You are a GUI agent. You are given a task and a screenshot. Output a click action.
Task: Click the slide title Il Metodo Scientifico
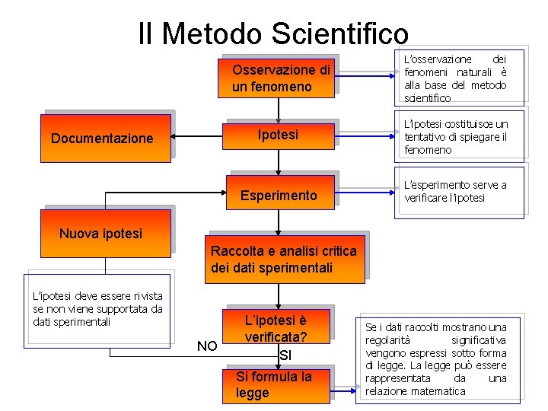pyautogui.click(x=273, y=33)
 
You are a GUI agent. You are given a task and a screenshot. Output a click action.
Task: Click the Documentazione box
pyautogui.click(x=107, y=138)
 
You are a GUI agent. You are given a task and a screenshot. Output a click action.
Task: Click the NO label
pyautogui.click(x=206, y=347)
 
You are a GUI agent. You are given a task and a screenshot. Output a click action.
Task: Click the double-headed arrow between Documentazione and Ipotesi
pyautogui.click(x=197, y=138)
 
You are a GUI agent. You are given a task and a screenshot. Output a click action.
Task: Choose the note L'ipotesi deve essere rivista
pyautogui.click(x=98, y=307)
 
